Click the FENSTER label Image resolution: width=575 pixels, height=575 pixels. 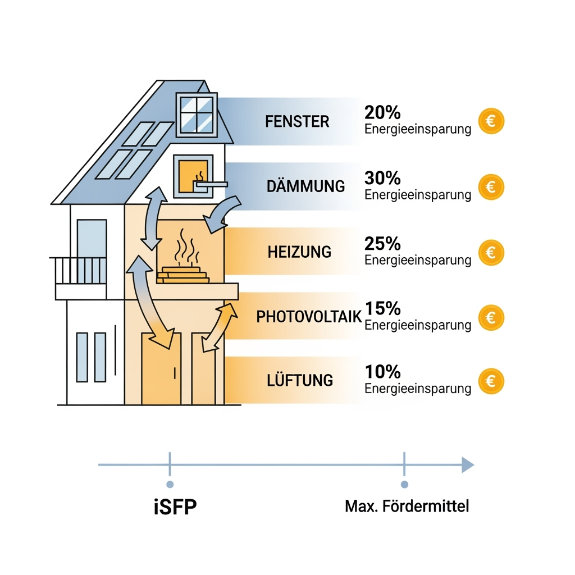[297, 121]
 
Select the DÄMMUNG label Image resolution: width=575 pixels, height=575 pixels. [306, 186]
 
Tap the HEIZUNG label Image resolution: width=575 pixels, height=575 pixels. [299, 251]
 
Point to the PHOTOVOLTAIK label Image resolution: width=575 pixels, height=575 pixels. [309, 317]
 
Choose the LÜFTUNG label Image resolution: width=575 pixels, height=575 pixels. [300, 380]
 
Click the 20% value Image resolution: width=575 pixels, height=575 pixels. [382, 112]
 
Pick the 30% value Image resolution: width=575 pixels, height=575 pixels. [382, 178]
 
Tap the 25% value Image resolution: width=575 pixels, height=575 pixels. [382, 243]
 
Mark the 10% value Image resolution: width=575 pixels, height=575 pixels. [382, 372]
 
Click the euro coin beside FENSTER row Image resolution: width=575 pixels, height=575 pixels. [491, 121]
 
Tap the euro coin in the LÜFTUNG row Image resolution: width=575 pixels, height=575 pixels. [491, 382]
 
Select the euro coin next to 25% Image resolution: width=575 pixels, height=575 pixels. [491, 252]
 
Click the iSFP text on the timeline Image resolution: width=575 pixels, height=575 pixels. [175, 506]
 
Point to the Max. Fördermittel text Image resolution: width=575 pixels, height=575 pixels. [407, 506]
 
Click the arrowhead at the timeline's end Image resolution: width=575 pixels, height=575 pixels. [468, 464]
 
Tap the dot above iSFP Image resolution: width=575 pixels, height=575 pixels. [170, 484]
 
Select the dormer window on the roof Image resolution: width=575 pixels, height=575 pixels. [197, 114]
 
